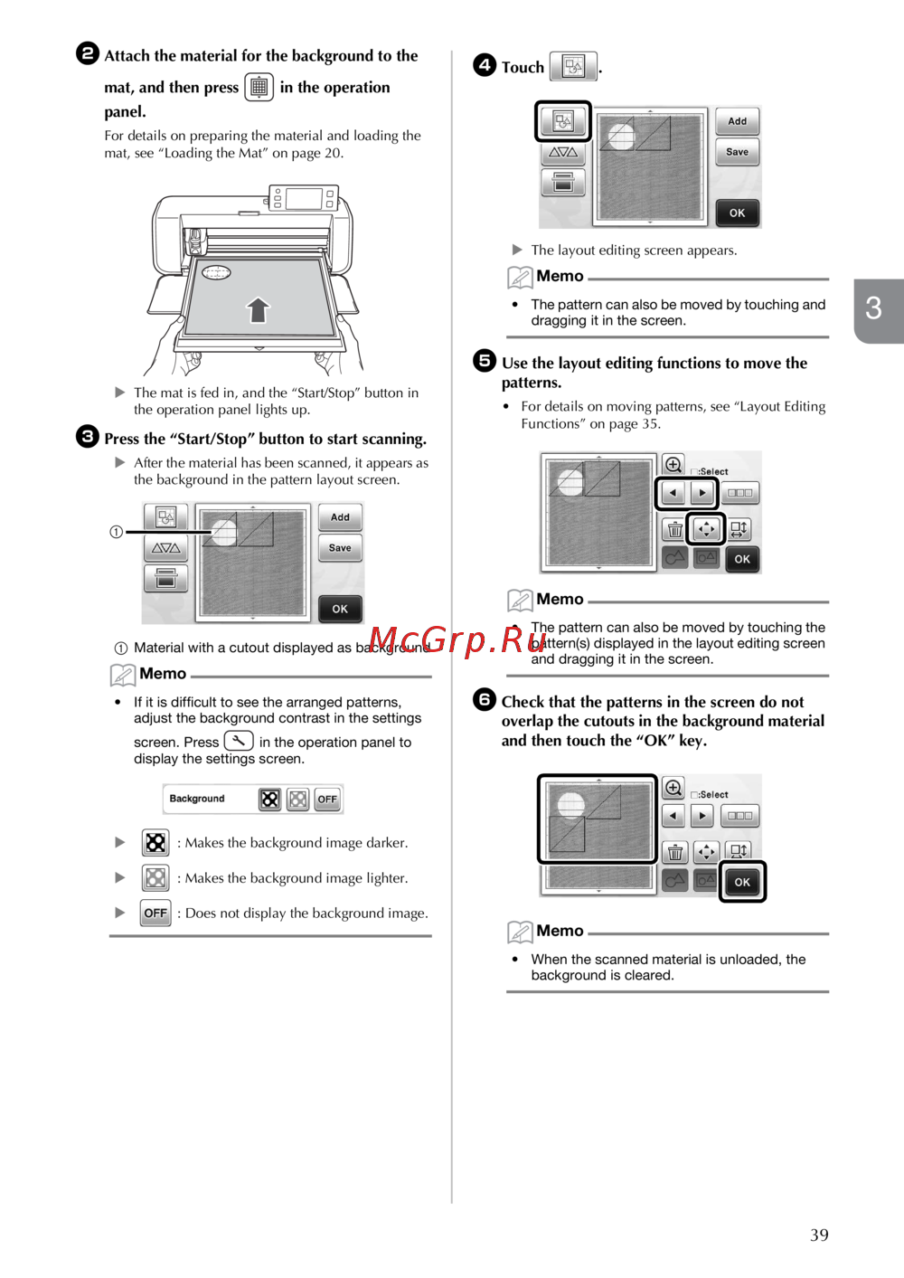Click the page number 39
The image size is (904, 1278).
point(819,1235)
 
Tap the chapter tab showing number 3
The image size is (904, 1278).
point(874,309)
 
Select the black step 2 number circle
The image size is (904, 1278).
point(88,53)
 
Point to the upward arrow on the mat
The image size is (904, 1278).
point(259,310)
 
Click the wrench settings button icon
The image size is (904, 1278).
point(239,741)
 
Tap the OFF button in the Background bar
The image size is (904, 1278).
point(327,799)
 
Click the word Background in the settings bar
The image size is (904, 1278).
point(197,799)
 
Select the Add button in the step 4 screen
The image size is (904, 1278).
point(738,121)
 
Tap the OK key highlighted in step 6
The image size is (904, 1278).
point(742,882)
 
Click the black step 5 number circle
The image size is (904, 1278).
point(485,361)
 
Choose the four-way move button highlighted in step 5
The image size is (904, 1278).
point(706,529)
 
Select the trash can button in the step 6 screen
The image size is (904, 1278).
point(675,852)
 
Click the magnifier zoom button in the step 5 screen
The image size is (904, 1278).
point(673,465)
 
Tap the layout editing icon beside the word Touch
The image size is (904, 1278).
point(573,66)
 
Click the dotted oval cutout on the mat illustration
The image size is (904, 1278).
point(217,272)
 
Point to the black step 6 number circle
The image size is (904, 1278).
point(485,699)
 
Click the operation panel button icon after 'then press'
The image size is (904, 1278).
point(259,87)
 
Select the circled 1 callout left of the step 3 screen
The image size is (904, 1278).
point(117,532)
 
